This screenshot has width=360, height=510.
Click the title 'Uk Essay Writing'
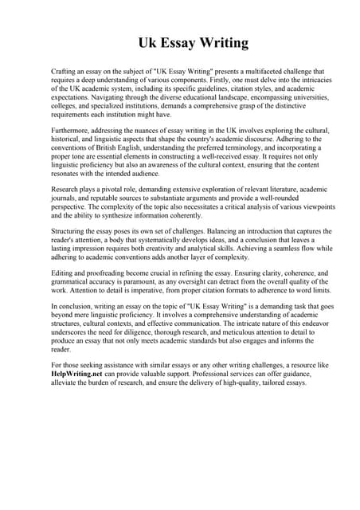pos(180,43)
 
